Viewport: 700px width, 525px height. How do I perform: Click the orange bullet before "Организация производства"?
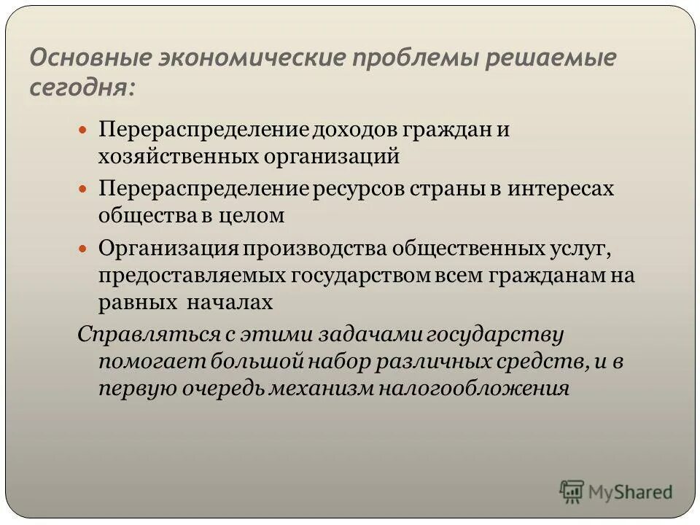pyautogui.click(x=82, y=248)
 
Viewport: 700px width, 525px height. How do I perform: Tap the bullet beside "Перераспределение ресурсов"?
pyautogui.click(x=82, y=188)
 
